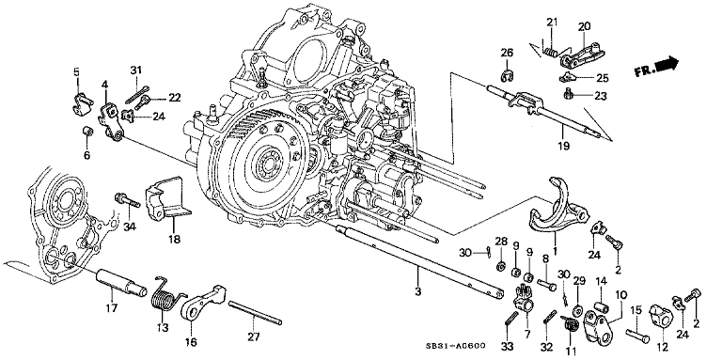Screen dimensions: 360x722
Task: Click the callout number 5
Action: (x=77, y=71)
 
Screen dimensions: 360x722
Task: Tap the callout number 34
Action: (x=129, y=225)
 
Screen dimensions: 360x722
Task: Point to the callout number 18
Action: (x=174, y=241)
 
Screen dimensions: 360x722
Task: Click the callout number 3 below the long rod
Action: (x=418, y=280)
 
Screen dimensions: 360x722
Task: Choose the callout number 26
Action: (x=507, y=52)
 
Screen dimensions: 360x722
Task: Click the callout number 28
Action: (x=501, y=243)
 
